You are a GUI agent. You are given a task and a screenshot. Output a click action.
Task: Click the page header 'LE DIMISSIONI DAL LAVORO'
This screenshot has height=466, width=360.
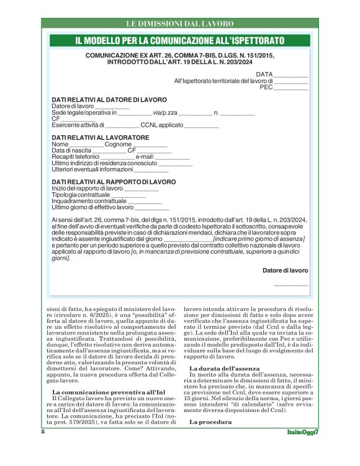(x=180, y=24)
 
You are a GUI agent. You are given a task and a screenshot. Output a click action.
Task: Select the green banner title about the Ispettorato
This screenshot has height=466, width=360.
(x=180, y=41)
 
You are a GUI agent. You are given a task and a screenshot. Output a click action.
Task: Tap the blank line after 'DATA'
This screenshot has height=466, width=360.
(x=291, y=76)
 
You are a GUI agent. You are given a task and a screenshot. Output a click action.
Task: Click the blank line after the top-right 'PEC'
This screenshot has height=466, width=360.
(x=291, y=89)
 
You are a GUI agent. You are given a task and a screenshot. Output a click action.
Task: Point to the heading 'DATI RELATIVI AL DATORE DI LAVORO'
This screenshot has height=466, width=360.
(x=109, y=99)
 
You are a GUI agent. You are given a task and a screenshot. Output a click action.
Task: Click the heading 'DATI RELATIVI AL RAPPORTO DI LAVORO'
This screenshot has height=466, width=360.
(x=113, y=182)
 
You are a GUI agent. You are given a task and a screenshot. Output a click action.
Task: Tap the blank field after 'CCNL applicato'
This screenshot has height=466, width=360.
(x=202, y=127)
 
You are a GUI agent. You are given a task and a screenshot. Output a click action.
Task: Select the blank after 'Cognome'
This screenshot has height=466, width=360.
(x=150, y=145)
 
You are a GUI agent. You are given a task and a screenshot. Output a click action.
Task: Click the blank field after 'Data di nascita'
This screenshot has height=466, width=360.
(x=109, y=151)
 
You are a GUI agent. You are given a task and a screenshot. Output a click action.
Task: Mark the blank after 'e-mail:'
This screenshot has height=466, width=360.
(x=172, y=158)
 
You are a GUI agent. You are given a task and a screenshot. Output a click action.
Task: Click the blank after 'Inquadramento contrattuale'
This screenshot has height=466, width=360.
(x=144, y=202)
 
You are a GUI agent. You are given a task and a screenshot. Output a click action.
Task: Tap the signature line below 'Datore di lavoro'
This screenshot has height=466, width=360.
(x=291, y=285)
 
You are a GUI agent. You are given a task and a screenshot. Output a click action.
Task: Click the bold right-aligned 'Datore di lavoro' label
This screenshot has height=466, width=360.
(x=285, y=271)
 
